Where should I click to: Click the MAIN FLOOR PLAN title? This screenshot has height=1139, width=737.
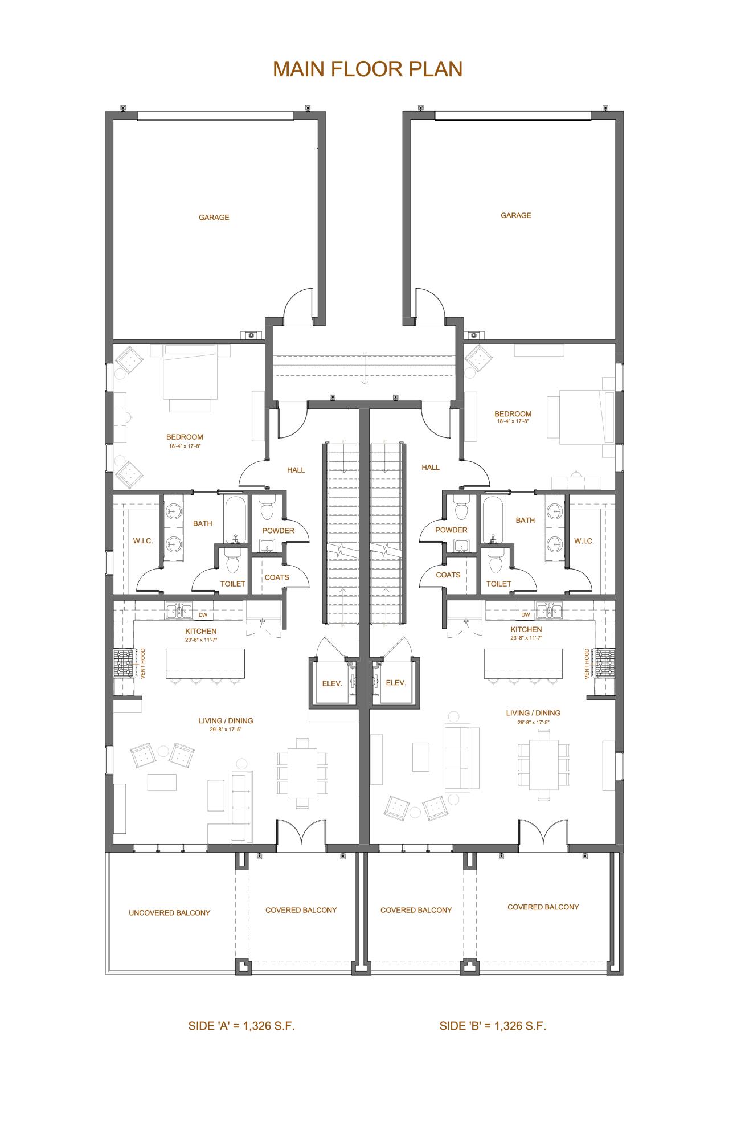(367, 69)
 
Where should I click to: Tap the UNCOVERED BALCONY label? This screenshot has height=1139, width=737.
(169, 912)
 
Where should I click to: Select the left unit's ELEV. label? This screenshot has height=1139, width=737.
(331, 683)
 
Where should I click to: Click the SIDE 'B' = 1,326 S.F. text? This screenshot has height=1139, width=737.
(492, 1026)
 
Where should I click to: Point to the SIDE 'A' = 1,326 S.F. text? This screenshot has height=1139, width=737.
(241, 1026)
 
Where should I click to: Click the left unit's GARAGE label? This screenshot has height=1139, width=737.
(214, 217)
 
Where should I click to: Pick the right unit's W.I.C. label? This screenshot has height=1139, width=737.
(584, 541)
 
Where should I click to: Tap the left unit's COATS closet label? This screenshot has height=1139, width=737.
(276, 577)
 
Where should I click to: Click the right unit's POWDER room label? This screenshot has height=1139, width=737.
(451, 530)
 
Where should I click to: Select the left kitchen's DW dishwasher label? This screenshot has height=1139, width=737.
(203, 615)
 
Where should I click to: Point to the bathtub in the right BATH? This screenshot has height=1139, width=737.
(493, 519)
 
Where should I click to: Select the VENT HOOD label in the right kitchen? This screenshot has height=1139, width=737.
(587, 663)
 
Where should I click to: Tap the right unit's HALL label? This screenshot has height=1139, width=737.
(430, 467)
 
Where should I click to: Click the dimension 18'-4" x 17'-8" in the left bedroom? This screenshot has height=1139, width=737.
(185, 446)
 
